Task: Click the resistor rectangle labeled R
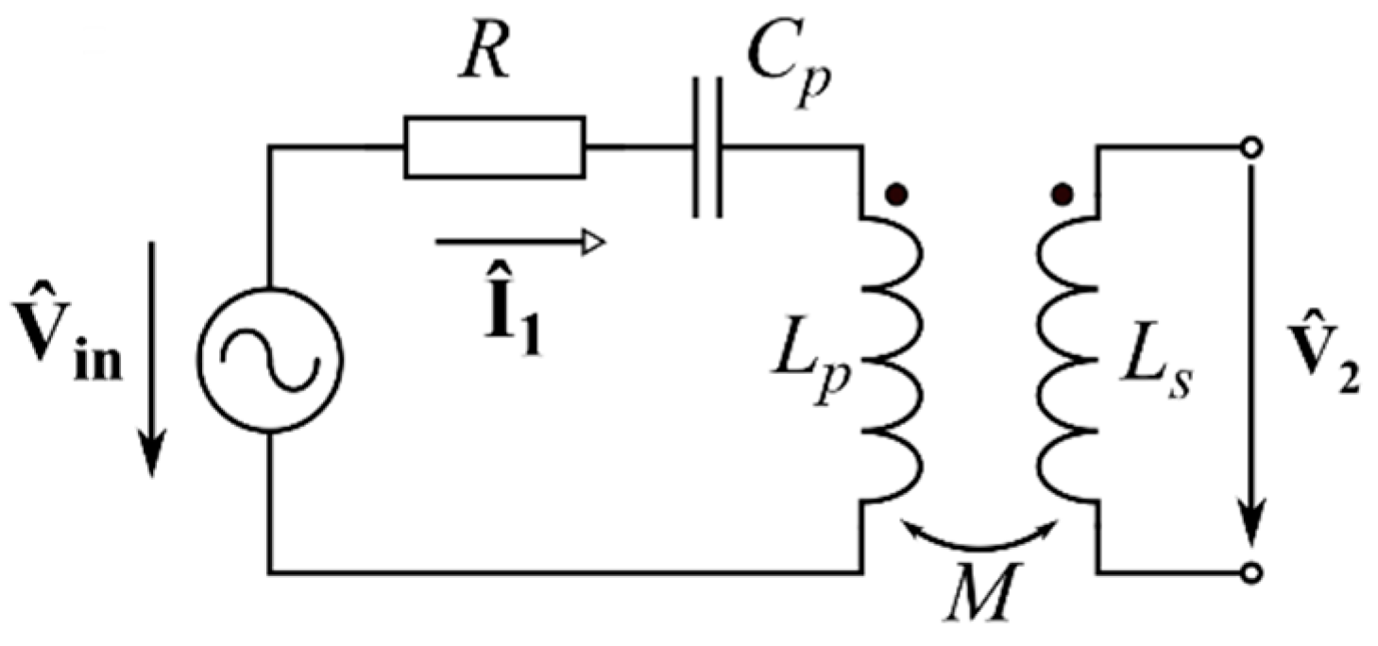[494, 147]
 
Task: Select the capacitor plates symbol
[706, 147]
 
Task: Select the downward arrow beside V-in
[150, 359]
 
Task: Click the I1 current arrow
[519, 244]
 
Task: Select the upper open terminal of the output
[1251, 147]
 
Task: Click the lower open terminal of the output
[1251, 572]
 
